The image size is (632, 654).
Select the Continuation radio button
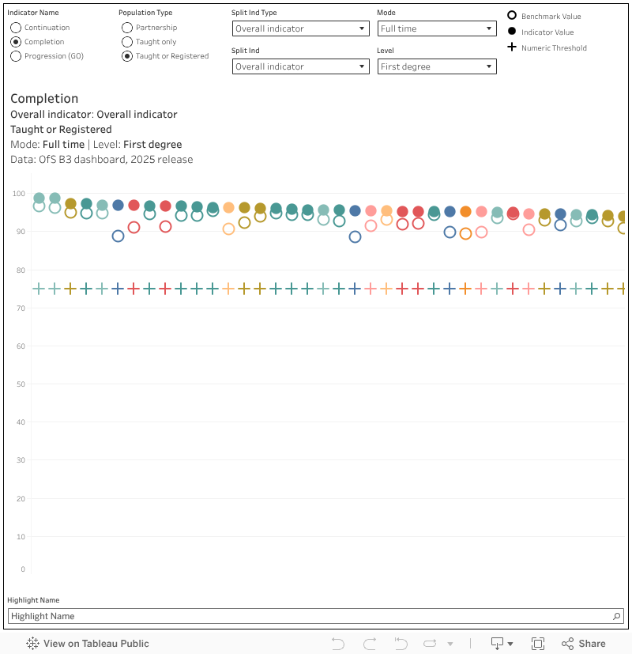pyautogui.click(x=16, y=28)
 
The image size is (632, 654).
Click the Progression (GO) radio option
pyautogui.click(x=16, y=56)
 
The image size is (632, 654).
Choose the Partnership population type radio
pyautogui.click(x=127, y=28)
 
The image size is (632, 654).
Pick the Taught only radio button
pyautogui.click(x=127, y=42)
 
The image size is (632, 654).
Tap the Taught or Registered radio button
pyautogui.click(x=127, y=56)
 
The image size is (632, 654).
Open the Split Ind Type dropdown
pyautogui.click(x=300, y=28)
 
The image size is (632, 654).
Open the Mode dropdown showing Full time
pyautogui.click(x=436, y=28)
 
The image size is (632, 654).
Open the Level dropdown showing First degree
pyautogui.click(x=436, y=66)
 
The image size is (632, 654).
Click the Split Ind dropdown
pyautogui.click(x=300, y=66)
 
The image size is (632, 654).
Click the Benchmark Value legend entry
pyautogui.click(x=551, y=16)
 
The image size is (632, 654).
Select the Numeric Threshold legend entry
pyautogui.click(x=553, y=47)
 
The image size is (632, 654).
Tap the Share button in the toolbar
pyautogui.click(x=583, y=644)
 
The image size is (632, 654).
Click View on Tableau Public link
pyautogui.click(x=88, y=644)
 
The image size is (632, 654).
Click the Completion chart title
pyautogui.click(x=44, y=99)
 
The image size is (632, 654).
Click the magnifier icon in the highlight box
pyautogui.click(x=617, y=616)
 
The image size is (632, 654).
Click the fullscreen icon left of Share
pyautogui.click(x=538, y=644)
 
